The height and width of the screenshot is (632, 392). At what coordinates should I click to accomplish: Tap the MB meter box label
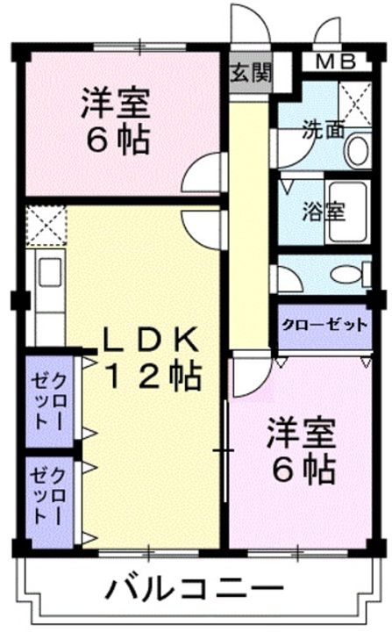tap(336, 61)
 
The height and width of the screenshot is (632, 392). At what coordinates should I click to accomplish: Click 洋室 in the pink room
tap(116, 103)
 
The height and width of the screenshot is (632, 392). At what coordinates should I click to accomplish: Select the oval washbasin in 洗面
tap(357, 150)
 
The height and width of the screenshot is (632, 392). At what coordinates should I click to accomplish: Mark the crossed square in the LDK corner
tap(44, 224)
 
